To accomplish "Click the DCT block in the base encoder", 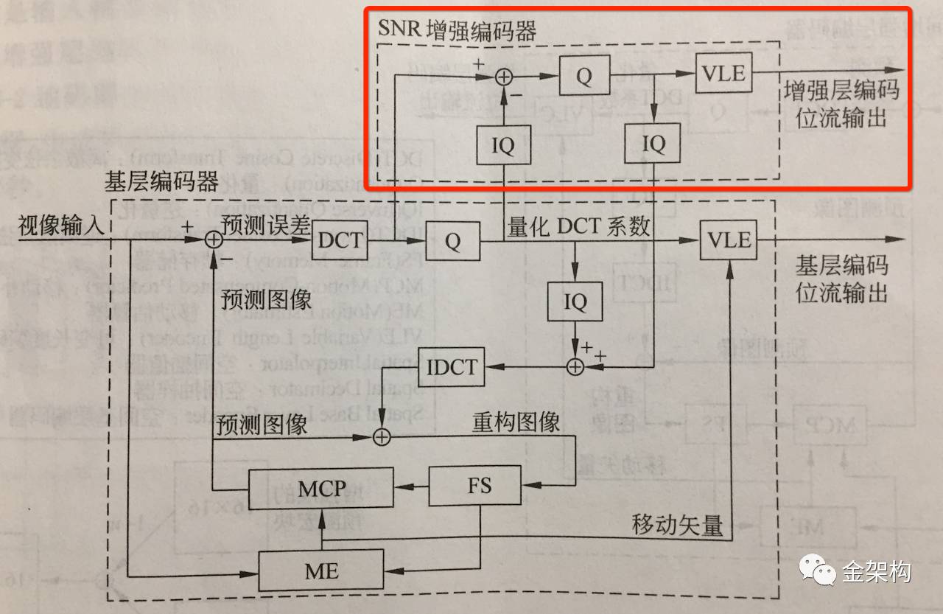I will (340, 240).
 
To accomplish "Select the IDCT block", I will (452, 366).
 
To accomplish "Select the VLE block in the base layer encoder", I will (729, 240).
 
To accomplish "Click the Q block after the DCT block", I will (452, 240).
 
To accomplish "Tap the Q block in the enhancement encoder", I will (584, 76).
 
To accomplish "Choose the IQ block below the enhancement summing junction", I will (503, 145).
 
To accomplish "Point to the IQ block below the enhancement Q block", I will (653, 144).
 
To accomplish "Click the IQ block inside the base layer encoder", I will (575, 301).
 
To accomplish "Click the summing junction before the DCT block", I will (213, 239).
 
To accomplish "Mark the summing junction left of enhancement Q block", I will (503, 76).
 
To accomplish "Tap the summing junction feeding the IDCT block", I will (575, 366).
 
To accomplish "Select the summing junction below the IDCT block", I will (381, 436).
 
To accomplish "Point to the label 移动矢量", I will (677, 526).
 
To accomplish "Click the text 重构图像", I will (516, 422).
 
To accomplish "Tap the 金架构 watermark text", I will (877, 571).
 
